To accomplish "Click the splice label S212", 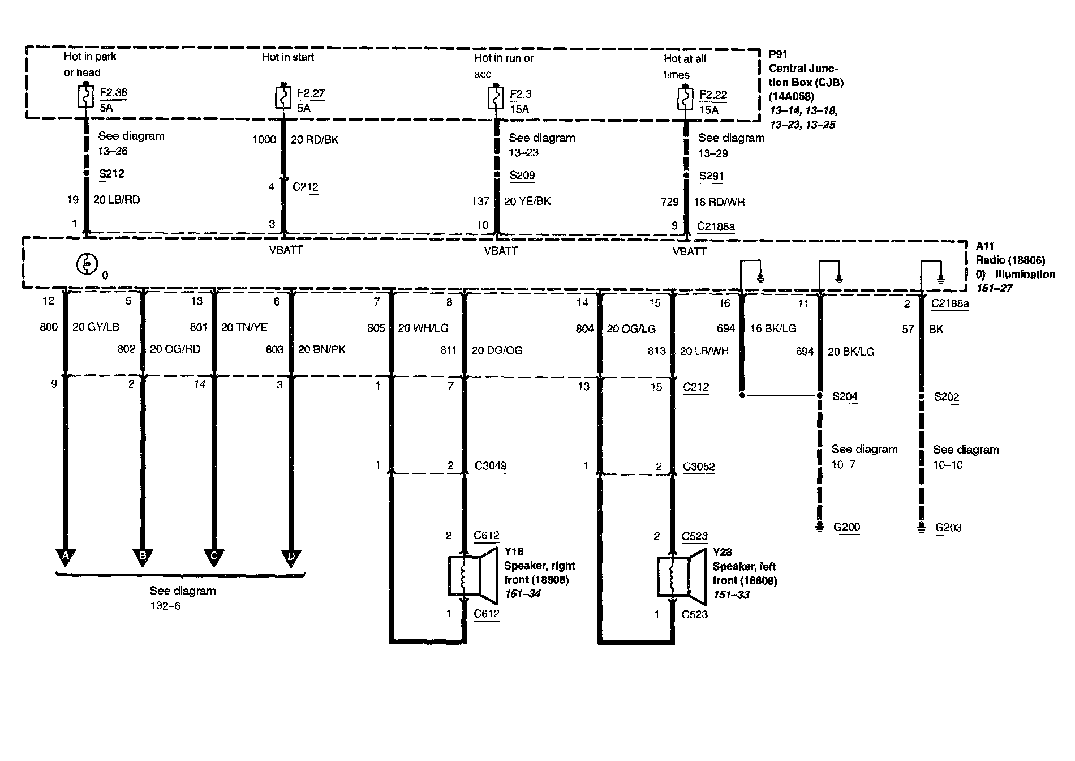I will [x=111, y=174].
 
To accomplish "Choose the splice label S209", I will [x=522, y=176].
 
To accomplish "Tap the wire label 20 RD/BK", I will [x=315, y=140].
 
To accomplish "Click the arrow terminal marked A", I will [x=66, y=556].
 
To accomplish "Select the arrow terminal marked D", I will [x=291, y=557].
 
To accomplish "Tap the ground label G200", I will [x=846, y=528].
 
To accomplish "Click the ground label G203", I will [x=948, y=528].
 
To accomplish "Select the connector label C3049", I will [x=491, y=466].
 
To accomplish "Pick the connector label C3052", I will [x=699, y=467].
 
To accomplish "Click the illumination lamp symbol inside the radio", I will [x=87, y=265].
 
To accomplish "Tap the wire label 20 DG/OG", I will [x=497, y=351].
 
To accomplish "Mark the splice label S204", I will [x=845, y=397].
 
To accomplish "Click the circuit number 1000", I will [x=264, y=140].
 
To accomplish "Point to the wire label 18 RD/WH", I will [x=719, y=202].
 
